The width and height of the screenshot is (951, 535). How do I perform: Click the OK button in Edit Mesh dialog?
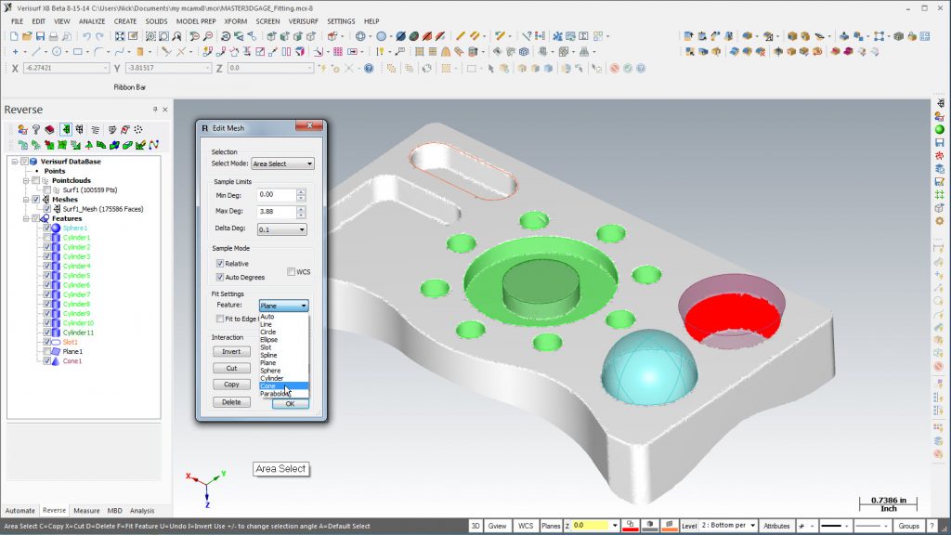tap(290, 403)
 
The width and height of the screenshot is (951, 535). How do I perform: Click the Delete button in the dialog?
tap(231, 402)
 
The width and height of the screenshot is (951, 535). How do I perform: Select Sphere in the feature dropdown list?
tap(271, 371)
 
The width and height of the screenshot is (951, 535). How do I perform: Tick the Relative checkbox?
tap(221, 264)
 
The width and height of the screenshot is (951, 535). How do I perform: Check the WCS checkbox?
tap(292, 271)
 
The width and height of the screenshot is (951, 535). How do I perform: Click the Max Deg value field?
tap(277, 212)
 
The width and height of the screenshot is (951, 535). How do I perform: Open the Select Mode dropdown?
tap(283, 163)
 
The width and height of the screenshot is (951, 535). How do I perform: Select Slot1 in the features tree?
tap(72, 342)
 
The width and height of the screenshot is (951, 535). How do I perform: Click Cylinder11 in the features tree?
tap(79, 333)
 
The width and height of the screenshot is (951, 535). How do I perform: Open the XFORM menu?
tap(236, 20)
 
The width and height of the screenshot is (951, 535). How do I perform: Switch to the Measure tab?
tap(86, 510)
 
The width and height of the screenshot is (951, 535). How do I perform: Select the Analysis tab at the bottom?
tap(142, 510)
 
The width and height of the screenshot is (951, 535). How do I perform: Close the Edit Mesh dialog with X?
tap(308, 127)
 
